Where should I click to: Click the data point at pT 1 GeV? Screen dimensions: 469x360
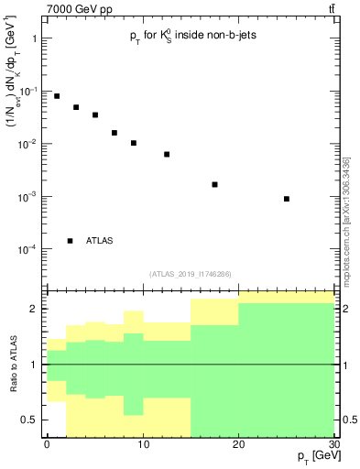57,96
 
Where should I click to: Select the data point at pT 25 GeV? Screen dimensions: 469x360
287,199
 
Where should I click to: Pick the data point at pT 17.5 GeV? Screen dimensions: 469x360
214,184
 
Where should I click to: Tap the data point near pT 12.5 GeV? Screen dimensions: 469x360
167,154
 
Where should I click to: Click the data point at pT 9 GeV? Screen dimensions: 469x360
134,143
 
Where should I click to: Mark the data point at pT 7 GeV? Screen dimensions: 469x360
115,133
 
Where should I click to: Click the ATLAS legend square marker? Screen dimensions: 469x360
71,241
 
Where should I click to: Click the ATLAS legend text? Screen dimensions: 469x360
100,241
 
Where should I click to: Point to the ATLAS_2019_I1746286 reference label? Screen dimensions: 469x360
191,274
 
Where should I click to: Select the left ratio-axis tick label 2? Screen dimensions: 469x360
33,309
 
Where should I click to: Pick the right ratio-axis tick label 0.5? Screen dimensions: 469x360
350,420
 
